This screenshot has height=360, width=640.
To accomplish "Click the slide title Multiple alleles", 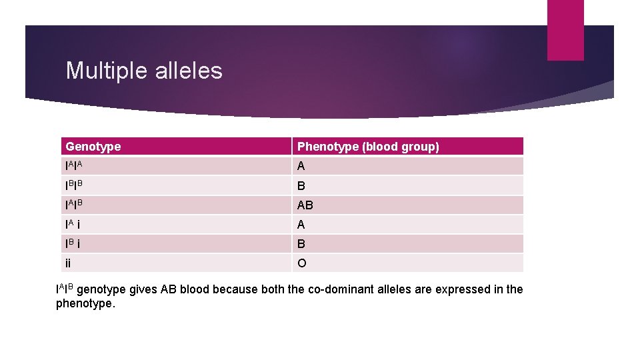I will [144, 71].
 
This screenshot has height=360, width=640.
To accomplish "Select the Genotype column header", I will [93, 147].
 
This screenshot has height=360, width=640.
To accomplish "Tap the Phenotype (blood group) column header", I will [368, 147].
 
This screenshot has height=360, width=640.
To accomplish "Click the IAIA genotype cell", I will [75, 166].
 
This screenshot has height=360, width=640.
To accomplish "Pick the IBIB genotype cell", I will [75, 185].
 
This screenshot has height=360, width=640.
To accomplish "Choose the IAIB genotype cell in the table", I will [75, 205].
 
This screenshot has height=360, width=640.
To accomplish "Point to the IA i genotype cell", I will [74, 225].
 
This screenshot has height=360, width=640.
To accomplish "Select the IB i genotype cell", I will [74, 244].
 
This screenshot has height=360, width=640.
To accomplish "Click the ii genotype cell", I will [69, 263].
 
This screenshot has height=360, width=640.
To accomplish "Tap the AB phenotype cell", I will [305, 205].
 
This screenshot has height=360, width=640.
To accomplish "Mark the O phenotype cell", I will [302, 263].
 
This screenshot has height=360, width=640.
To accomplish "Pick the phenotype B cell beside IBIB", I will [301, 186].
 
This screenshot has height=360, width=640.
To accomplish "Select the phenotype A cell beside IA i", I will [301, 225].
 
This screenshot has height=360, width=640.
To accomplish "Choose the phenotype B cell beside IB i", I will [301, 244].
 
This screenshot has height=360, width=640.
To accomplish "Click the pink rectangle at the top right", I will [565, 30].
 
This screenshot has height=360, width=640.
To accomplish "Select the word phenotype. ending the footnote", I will [85, 304].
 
